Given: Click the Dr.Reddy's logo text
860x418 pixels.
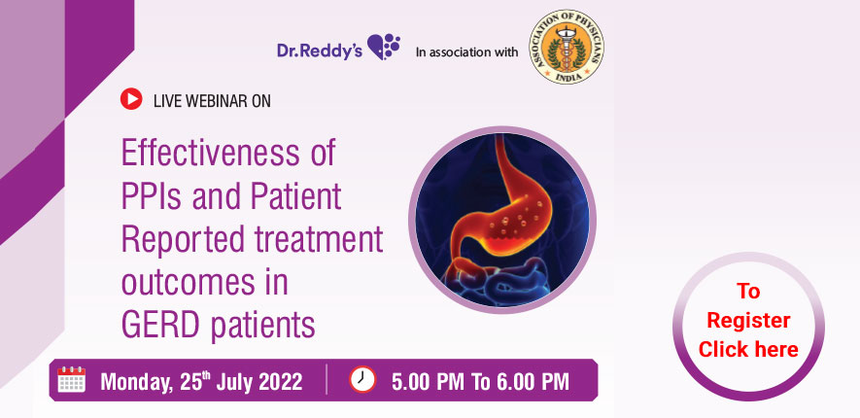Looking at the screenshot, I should click(319, 49).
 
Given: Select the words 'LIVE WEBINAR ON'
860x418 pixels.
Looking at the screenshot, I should click(212, 99).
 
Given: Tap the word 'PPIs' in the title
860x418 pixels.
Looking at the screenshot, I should click(154, 196).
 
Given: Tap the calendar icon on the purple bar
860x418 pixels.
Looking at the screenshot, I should click(72, 379).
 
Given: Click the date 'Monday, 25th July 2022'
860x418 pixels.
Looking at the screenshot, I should click(201, 380).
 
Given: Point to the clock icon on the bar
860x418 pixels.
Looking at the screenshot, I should click(361, 379).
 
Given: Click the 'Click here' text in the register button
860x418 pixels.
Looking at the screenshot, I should click(747, 349).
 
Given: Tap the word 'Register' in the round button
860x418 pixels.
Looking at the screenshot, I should click(747, 320).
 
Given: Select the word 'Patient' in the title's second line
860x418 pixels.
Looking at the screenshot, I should click(293, 196).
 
